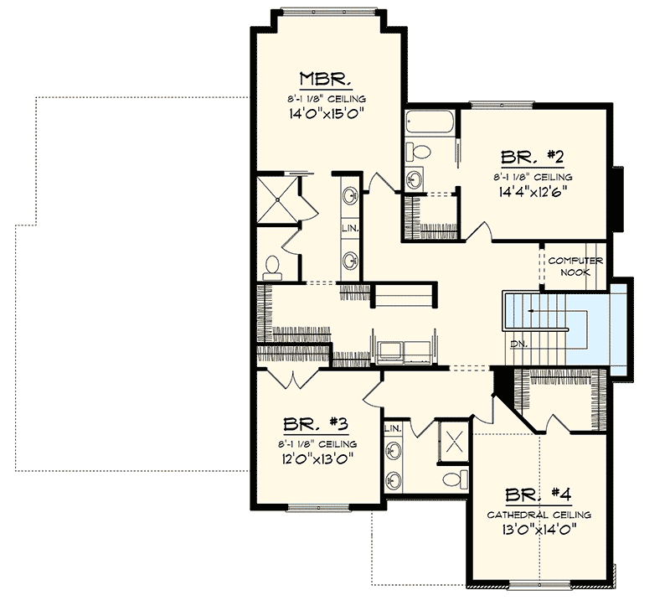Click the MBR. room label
326,80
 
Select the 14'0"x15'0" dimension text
326,112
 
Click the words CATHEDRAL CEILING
539,515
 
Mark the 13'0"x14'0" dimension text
539,530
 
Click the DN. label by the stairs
517,344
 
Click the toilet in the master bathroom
271,267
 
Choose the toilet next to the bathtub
419,152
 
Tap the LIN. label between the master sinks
350,228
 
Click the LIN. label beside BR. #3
392,428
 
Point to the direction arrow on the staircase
536,312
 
